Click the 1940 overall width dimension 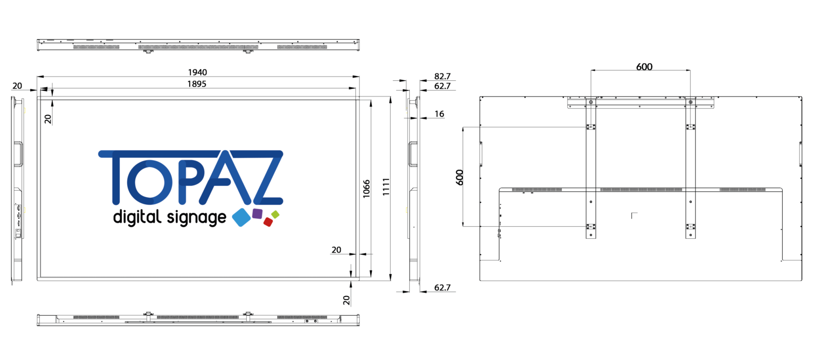click(197, 72)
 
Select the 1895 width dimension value click(197, 84)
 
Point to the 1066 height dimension click(367, 189)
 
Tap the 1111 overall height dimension click(386, 187)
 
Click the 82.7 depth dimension click(443, 77)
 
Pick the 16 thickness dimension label click(439, 114)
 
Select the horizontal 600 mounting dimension click(644, 67)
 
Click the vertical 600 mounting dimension click(459, 177)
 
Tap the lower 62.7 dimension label click(443, 288)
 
